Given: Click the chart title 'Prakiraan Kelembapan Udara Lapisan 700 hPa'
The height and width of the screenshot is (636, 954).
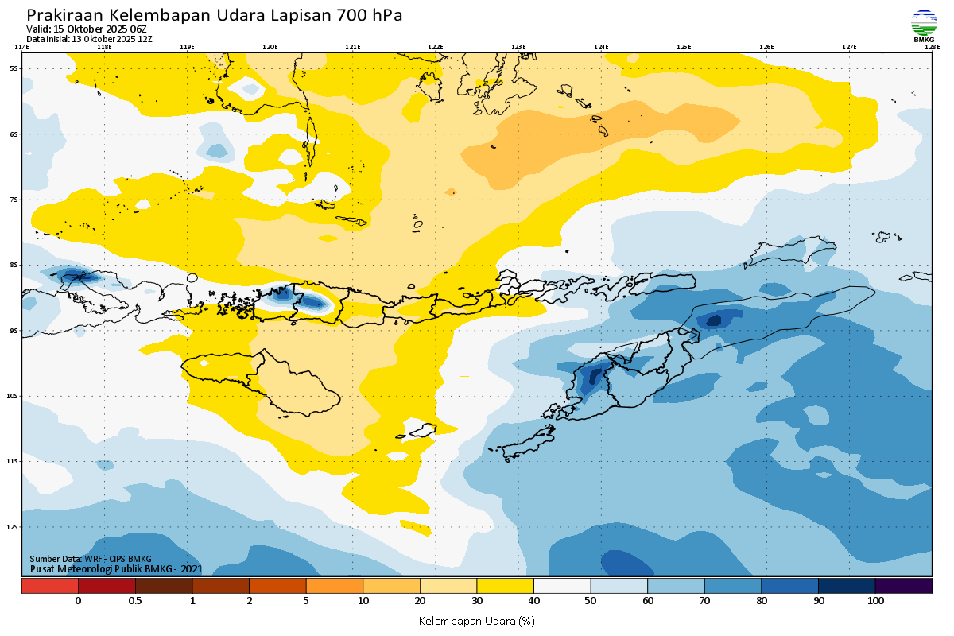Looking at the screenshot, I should click(x=215, y=15).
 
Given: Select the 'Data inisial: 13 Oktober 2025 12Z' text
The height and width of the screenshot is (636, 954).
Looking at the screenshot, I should click(x=89, y=39).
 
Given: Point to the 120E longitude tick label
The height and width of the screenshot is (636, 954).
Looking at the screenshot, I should click(x=270, y=47).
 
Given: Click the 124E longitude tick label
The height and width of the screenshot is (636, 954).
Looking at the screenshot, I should click(x=601, y=47).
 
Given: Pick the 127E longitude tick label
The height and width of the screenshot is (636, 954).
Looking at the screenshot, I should click(x=849, y=47).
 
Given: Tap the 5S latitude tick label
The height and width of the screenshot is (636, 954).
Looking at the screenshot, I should click(x=14, y=68).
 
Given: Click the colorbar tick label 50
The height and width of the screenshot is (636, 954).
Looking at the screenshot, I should click(x=591, y=601).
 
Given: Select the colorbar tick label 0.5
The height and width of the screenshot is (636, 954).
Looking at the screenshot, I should click(x=135, y=601).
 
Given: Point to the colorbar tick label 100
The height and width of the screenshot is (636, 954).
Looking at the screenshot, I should click(x=875, y=601).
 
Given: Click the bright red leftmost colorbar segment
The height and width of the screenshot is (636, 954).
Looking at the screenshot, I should click(x=49, y=586).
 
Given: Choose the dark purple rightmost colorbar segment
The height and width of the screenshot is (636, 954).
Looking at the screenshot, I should click(x=903, y=586).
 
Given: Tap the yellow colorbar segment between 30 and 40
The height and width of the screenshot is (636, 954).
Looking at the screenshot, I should click(x=505, y=586).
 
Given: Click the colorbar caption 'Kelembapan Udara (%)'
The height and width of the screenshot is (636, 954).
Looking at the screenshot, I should click(x=476, y=620).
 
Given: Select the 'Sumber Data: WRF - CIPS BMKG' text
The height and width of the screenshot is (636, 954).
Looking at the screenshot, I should click(x=91, y=559).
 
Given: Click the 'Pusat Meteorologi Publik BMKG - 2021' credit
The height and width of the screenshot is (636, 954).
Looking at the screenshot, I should click(x=116, y=568).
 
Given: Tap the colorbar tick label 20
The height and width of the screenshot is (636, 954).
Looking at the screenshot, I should click(x=420, y=601).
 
